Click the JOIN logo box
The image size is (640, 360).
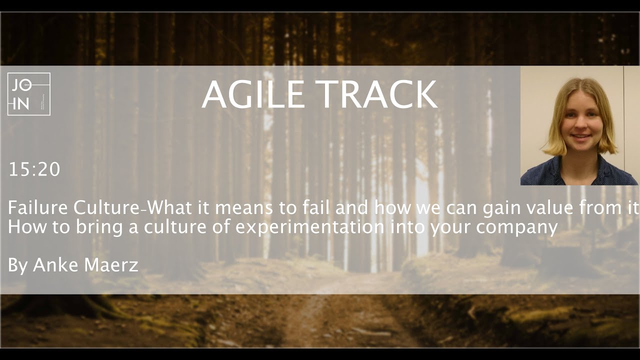(x=28, y=94)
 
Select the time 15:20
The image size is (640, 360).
(x=34, y=170)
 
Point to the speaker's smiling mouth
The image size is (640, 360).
(x=580, y=136)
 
